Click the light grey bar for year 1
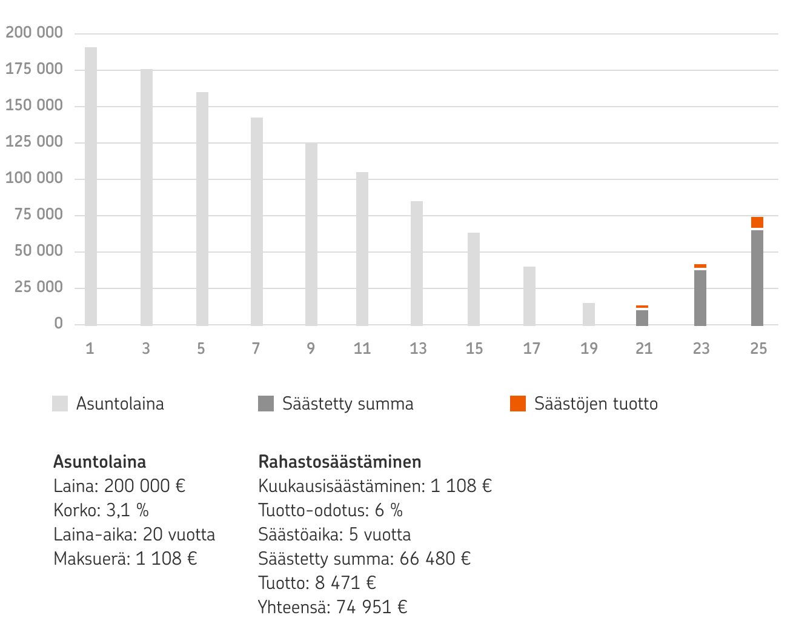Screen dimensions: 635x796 91,186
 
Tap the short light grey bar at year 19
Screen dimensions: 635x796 589,314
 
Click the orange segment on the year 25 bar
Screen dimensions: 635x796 757,222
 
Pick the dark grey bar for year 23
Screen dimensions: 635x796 700,298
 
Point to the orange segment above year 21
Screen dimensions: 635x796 642,307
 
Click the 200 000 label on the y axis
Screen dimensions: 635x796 35,33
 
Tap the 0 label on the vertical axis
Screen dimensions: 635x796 58,324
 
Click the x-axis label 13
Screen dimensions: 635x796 418,348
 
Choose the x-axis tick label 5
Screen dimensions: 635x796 201,348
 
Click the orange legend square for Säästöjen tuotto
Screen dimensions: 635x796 518,404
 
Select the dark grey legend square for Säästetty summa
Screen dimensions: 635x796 266,404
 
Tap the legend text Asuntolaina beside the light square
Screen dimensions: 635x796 120,404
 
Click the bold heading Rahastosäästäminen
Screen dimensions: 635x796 339,462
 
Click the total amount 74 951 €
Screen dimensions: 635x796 371,607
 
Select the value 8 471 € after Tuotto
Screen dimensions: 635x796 345,583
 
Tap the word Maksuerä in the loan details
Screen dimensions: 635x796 91,559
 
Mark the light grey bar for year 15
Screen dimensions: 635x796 474,279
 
